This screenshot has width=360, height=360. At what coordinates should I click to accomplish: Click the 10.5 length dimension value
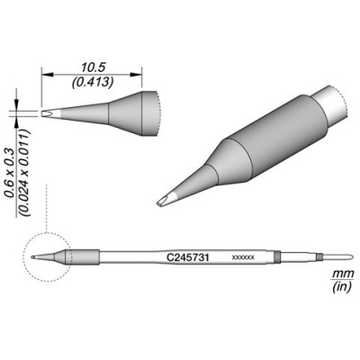[x=93, y=67]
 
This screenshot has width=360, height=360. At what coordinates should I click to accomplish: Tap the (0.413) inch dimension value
[x=92, y=82]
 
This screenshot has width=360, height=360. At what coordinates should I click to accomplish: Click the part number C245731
[x=187, y=257]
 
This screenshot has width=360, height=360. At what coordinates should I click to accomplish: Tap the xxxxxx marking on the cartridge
[x=243, y=257]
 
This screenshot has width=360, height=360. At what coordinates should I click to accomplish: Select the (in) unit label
[x=342, y=287]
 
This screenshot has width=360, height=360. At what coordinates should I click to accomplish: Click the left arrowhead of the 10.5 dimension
[x=47, y=74]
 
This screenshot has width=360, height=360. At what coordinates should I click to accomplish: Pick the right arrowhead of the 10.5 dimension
[x=136, y=74]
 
